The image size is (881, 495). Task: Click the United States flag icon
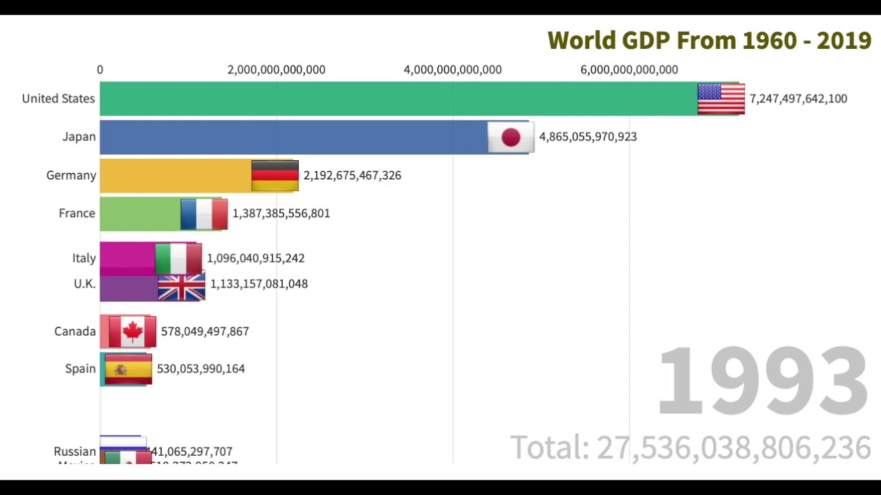coord(721,99)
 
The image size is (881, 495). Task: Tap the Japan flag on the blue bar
coord(511,137)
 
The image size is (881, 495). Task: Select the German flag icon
coord(275,175)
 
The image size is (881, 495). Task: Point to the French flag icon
coord(204,214)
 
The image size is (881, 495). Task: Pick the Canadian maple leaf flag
coord(132,332)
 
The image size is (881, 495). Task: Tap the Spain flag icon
coord(128,369)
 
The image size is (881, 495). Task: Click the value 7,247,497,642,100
coord(798,99)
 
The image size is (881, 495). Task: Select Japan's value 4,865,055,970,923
coord(587,137)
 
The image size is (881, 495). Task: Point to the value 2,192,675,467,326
coord(352,175)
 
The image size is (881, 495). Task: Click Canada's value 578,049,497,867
coord(204,331)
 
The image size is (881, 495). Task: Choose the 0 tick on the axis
coord(100,69)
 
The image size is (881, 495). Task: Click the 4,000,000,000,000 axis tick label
coord(452,69)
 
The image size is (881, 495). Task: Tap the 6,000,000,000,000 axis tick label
coord(628,69)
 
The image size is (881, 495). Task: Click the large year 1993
coord(763,381)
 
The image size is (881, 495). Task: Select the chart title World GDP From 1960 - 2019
coord(709,41)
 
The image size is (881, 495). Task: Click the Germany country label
coord(71,175)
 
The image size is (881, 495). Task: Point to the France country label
coord(76,213)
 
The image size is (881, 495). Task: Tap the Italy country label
coord(84,258)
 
